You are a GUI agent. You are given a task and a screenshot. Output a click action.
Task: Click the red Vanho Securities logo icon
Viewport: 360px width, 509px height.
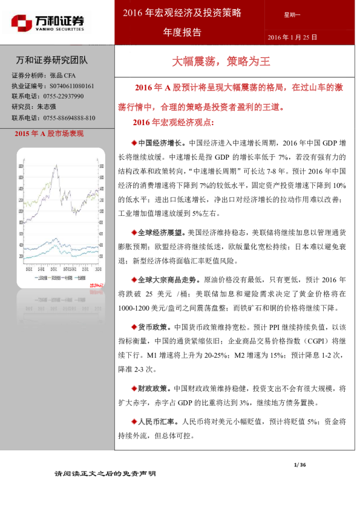tap(22, 24)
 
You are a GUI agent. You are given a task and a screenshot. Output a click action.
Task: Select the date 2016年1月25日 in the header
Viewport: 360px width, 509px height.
tap(292, 37)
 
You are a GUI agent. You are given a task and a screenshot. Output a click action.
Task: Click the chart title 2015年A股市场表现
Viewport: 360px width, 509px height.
tap(48, 134)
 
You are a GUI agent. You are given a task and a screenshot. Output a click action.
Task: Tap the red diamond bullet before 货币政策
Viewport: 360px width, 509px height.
tap(134, 326)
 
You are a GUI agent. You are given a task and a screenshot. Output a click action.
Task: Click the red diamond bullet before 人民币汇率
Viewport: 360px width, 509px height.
tap(134, 421)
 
